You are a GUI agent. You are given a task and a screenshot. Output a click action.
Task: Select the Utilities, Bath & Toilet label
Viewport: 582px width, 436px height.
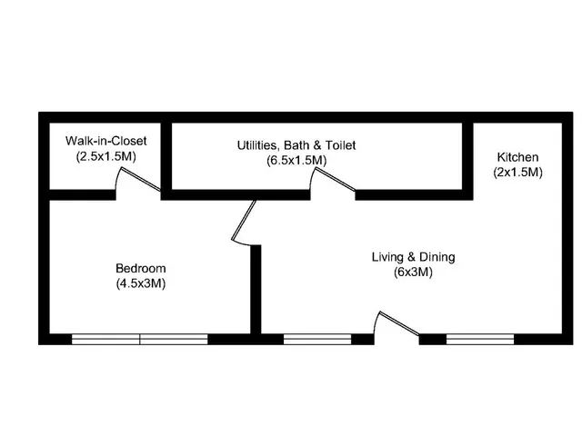click(x=296, y=144)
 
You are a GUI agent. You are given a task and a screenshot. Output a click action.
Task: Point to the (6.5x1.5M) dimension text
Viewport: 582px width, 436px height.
click(x=296, y=160)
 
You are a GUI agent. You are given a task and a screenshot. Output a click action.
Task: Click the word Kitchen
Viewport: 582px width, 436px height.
click(x=517, y=156)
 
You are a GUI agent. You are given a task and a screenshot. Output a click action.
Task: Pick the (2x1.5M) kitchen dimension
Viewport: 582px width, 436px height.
click(x=517, y=172)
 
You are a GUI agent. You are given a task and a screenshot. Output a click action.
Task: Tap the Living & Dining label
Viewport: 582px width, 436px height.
click(x=413, y=257)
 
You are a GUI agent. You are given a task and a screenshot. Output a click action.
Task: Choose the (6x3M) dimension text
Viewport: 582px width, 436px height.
click(x=413, y=272)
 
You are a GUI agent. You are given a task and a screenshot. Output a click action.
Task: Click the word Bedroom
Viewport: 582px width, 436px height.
click(x=141, y=268)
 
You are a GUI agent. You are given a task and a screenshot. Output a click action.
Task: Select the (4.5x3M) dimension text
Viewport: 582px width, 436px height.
click(x=141, y=283)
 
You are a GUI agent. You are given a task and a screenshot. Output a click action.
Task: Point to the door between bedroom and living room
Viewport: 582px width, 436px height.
click(x=244, y=221)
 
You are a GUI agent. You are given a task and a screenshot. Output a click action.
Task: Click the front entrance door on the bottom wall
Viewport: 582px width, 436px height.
click(x=397, y=327)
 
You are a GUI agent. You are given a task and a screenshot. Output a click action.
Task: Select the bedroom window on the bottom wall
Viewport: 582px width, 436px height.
click(x=140, y=340)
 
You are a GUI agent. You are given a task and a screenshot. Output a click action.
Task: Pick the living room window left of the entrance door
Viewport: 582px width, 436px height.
click(x=317, y=340)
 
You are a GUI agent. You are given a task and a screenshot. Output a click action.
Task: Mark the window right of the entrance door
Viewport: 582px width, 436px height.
click(x=480, y=340)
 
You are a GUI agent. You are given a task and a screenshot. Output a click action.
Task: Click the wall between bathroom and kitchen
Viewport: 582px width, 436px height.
click(x=467, y=158)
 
